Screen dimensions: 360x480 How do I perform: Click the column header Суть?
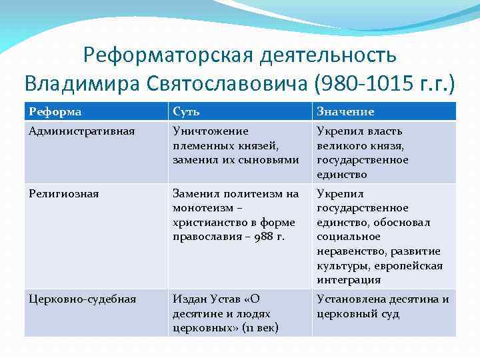(x=187, y=111)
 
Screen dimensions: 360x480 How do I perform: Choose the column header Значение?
(x=345, y=111)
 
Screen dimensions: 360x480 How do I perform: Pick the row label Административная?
(x=82, y=131)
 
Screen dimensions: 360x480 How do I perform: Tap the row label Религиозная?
(x=64, y=193)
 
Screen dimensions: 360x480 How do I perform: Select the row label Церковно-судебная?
(x=83, y=299)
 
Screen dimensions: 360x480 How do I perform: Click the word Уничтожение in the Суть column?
(x=210, y=131)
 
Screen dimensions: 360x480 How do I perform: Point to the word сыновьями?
(x=274, y=160)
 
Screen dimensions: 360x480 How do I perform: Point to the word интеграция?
(x=348, y=280)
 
